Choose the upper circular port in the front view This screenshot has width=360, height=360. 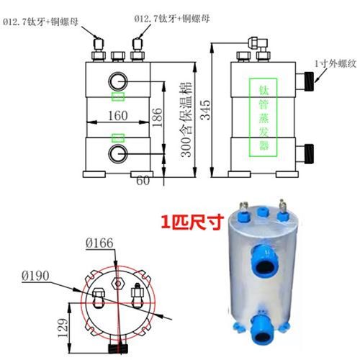point(118,79)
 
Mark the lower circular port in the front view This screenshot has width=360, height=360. point(118,153)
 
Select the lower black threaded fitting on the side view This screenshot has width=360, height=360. point(308,153)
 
